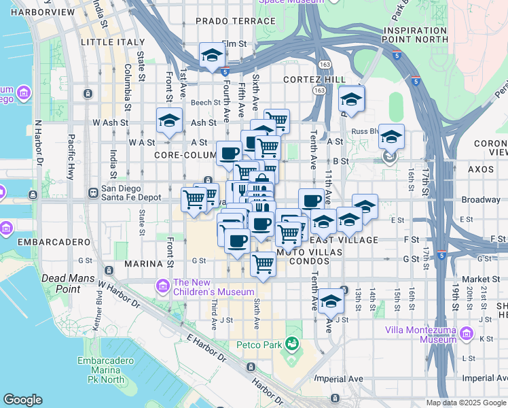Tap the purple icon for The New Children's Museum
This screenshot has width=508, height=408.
point(162,288)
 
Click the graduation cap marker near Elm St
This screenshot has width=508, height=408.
point(212,55)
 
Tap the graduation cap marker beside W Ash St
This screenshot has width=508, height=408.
point(169,120)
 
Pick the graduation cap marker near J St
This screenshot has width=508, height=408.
point(331,300)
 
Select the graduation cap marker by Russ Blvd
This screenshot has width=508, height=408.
point(391,136)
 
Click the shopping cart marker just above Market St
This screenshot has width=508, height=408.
point(263,263)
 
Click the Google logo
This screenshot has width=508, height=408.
point(22,400)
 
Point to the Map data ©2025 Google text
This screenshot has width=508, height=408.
point(466,403)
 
